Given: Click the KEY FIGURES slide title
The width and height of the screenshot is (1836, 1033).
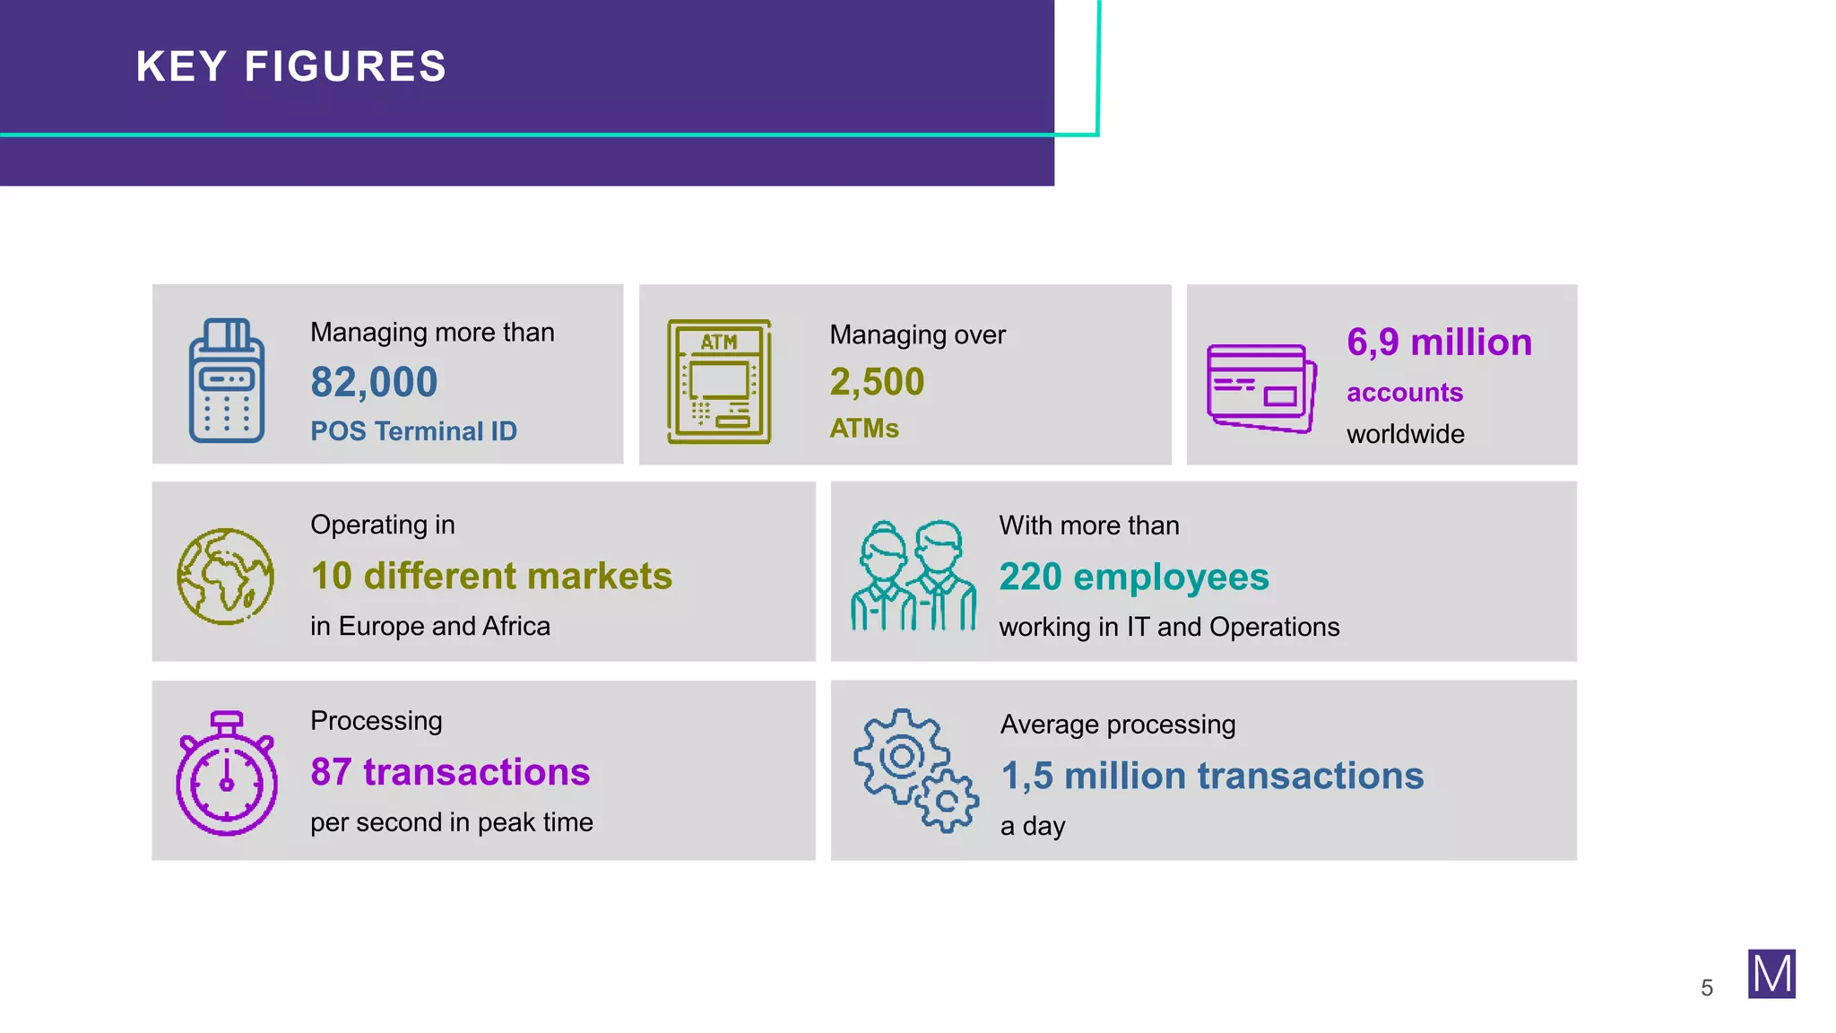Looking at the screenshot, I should (x=291, y=67).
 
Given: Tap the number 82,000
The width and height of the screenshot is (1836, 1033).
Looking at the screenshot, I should (x=374, y=382).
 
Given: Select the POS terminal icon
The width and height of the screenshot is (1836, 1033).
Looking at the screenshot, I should (x=227, y=381).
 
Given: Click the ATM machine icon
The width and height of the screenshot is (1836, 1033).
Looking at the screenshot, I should (x=719, y=381).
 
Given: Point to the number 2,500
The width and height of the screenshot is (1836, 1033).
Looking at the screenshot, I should (x=877, y=382).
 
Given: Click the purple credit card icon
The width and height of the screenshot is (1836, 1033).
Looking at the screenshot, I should (x=1261, y=387).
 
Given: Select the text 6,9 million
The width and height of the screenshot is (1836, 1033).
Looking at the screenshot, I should (x=1439, y=343).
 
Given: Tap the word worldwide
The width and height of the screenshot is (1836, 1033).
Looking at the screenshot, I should (x=1405, y=434).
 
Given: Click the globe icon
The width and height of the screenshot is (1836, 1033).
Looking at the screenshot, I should (x=226, y=576).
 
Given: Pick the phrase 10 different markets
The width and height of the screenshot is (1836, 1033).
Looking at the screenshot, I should (x=491, y=576).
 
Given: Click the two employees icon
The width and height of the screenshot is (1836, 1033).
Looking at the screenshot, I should (x=914, y=576).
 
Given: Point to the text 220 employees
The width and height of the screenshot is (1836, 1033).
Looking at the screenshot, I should (x=1134, y=577).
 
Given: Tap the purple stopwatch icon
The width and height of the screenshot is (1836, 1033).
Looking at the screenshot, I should (x=227, y=773).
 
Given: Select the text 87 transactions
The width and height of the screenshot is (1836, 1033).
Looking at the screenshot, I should (x=450, y=772).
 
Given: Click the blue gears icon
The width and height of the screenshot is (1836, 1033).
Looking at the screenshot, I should (x=915, y=770).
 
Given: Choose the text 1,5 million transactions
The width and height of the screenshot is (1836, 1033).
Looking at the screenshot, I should (x=1212, y=776).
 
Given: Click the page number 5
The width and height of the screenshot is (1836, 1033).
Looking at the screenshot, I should (x=1707, y=988).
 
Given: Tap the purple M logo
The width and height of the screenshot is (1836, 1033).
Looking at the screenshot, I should (x=1771, y=974).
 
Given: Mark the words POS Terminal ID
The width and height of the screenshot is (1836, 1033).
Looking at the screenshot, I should (x=413, y=431).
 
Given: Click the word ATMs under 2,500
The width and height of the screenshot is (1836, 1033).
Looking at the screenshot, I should (x=864, y=429).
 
